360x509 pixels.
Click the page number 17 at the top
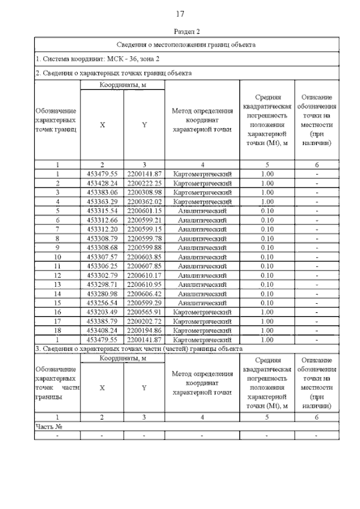coord(181,14)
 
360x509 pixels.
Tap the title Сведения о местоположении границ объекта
coord(186,44)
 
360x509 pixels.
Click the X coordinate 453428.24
coord(102,183)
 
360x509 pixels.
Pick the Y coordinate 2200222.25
coord(145,183)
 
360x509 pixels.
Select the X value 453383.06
coord(102,192)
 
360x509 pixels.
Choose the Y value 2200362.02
coord(145,201)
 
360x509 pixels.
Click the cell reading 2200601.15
coord(145,211)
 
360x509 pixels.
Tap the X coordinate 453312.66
coord(102,220)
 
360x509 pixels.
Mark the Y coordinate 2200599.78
coord(145,238)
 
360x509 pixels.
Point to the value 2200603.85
coord(145,256)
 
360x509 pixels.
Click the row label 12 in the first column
coord(57,275)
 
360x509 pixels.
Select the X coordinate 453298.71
coord(102,285)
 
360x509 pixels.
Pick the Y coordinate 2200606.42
coord(145,294)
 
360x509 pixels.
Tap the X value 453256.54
coord(102,303)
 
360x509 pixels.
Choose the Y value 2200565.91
coord(145,312)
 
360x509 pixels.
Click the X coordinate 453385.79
coord(102,321)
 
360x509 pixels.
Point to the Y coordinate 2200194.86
coord(145,331)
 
